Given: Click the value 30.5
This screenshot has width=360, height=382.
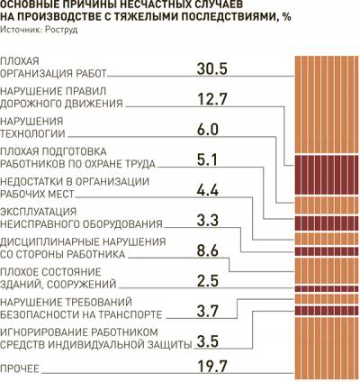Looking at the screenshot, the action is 212,68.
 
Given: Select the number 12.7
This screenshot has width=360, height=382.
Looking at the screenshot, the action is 212,99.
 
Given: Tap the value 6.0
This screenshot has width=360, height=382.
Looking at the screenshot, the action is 208,130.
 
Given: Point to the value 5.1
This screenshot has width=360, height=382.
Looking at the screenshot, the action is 207,159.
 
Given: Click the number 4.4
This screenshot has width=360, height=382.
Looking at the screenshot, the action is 208,190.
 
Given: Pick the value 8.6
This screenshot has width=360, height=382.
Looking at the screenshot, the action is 208,250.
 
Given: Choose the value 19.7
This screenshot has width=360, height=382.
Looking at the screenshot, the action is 212,366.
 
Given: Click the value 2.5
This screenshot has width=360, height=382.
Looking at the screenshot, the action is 208,281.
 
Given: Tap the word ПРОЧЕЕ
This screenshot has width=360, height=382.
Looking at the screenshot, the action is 20,368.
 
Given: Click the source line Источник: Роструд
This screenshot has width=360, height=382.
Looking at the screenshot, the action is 39,30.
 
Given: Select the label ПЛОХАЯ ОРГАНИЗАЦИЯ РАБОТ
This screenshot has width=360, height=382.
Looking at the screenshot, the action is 53,67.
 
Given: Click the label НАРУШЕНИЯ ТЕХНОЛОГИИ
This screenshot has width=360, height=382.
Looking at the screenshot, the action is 32,127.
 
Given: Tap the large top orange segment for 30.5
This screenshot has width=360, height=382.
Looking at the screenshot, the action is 327,105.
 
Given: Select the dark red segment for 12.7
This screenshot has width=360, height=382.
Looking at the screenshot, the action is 327,175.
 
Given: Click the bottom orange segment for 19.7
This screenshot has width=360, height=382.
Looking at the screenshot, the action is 327,348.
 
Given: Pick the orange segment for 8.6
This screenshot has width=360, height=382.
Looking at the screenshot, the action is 327,271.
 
